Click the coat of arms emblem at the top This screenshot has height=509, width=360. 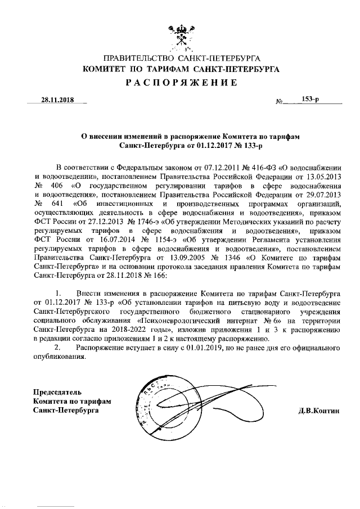coord(179,38)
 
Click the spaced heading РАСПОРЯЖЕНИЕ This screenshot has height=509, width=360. coord(181,83)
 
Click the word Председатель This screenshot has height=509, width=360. coord(58,391)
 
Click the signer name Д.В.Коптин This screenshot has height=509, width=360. coord(319,411)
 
